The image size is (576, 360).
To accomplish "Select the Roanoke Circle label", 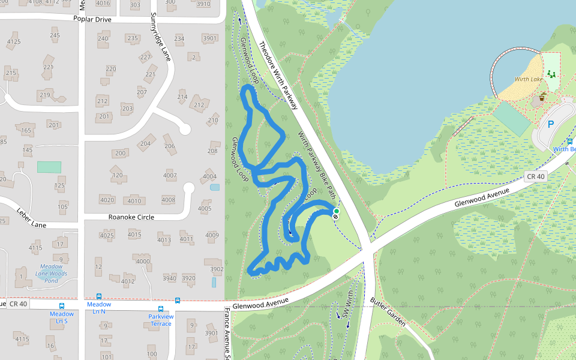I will point(131,217).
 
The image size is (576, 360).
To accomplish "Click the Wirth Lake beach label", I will point(528,79).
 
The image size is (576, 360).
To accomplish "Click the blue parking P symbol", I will point(550,125).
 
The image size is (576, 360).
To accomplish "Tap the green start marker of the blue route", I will point(336,211).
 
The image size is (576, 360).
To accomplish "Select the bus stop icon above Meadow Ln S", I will point(62,306).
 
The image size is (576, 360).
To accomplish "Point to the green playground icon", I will point(551,74).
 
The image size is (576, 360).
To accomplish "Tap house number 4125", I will point(13,41).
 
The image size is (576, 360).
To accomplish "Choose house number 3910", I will point(204,4).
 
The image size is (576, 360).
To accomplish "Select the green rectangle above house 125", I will point(49,167).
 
